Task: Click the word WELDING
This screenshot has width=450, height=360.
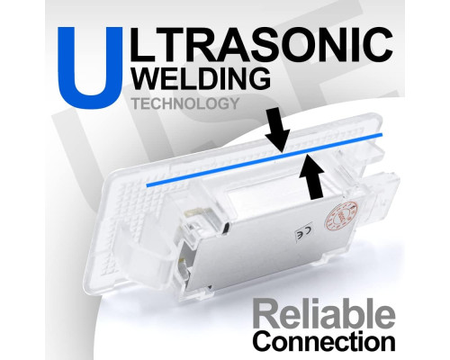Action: tap(201, 78)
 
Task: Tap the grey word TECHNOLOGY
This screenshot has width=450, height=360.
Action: tap(185, 103)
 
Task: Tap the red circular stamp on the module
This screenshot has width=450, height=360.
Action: tap(342, 217)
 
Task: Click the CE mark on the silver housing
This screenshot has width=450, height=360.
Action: tap(304, 231)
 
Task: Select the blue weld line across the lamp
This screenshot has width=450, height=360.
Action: tap(265, 159)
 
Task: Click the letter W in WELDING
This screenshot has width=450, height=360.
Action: tap(147, 78)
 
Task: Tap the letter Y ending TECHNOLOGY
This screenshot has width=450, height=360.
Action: tap(233, 103)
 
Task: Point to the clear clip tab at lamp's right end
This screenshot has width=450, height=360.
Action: tap(384, 186)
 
